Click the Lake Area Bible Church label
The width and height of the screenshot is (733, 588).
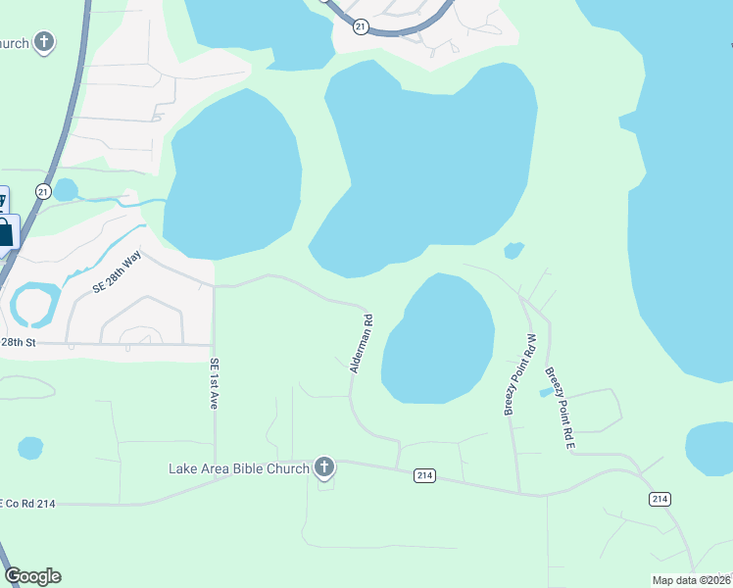(x=239, y=468)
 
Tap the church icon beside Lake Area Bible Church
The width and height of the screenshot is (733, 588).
(x=325, y=467)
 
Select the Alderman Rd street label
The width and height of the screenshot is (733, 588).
(x=361, y=343)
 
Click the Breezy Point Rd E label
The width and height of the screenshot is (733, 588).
(x=559, y=409)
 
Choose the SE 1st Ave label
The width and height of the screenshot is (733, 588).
(x=214, y=382)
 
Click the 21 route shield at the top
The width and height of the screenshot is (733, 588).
(x=362, y=26)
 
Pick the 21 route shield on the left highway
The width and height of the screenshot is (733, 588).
(x=43, y=192)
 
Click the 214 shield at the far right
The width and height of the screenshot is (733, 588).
(x=660, y=499)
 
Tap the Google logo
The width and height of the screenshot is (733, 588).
(x=32, y=576)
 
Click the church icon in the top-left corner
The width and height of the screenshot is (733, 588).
(x=44, y=42)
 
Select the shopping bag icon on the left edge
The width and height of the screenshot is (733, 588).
(x=5, y=233)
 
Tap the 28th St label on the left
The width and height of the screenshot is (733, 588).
(x=18, y=342)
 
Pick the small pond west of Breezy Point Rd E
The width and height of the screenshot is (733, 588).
(x=546, y=392)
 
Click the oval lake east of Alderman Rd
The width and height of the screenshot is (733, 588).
(x=438, y=339)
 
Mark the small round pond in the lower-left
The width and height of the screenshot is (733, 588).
(x=30, y=449)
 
